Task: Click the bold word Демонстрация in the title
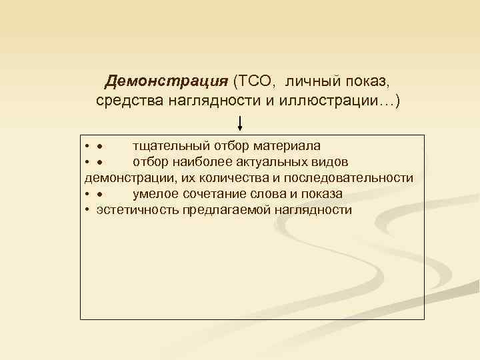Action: click(167, 81)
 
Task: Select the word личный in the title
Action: click(311, 81)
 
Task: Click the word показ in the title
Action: click(363, 81)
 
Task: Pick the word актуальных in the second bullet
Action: click(271, 162)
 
